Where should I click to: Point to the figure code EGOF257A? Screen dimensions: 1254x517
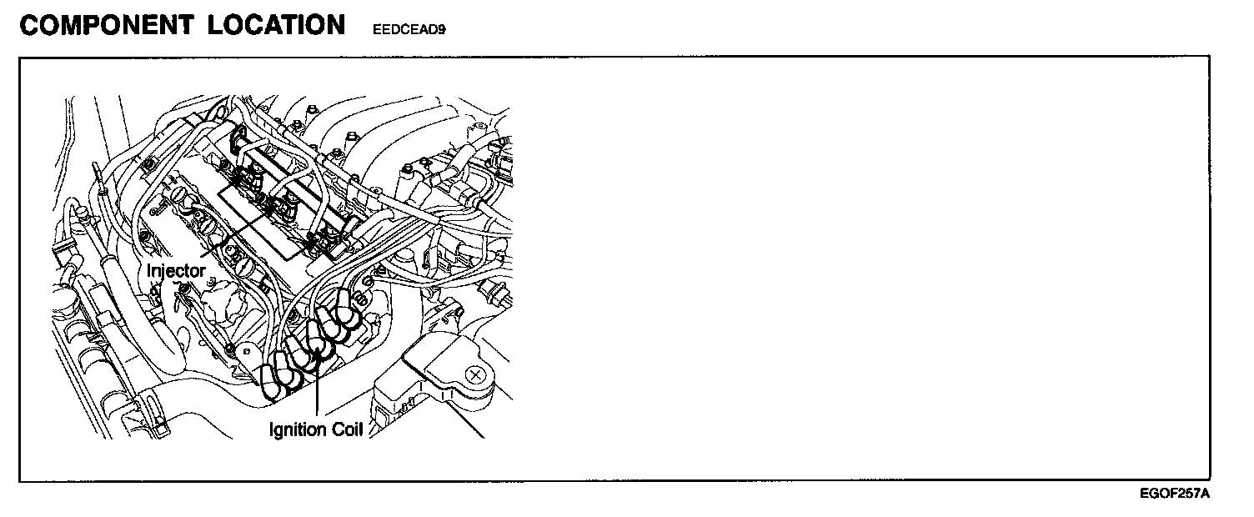click(1174, 494)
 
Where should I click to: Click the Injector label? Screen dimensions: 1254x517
click(175, 270)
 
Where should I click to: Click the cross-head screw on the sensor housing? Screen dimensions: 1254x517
click(475, 376)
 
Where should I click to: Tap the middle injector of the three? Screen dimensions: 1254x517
click(283, 204)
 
